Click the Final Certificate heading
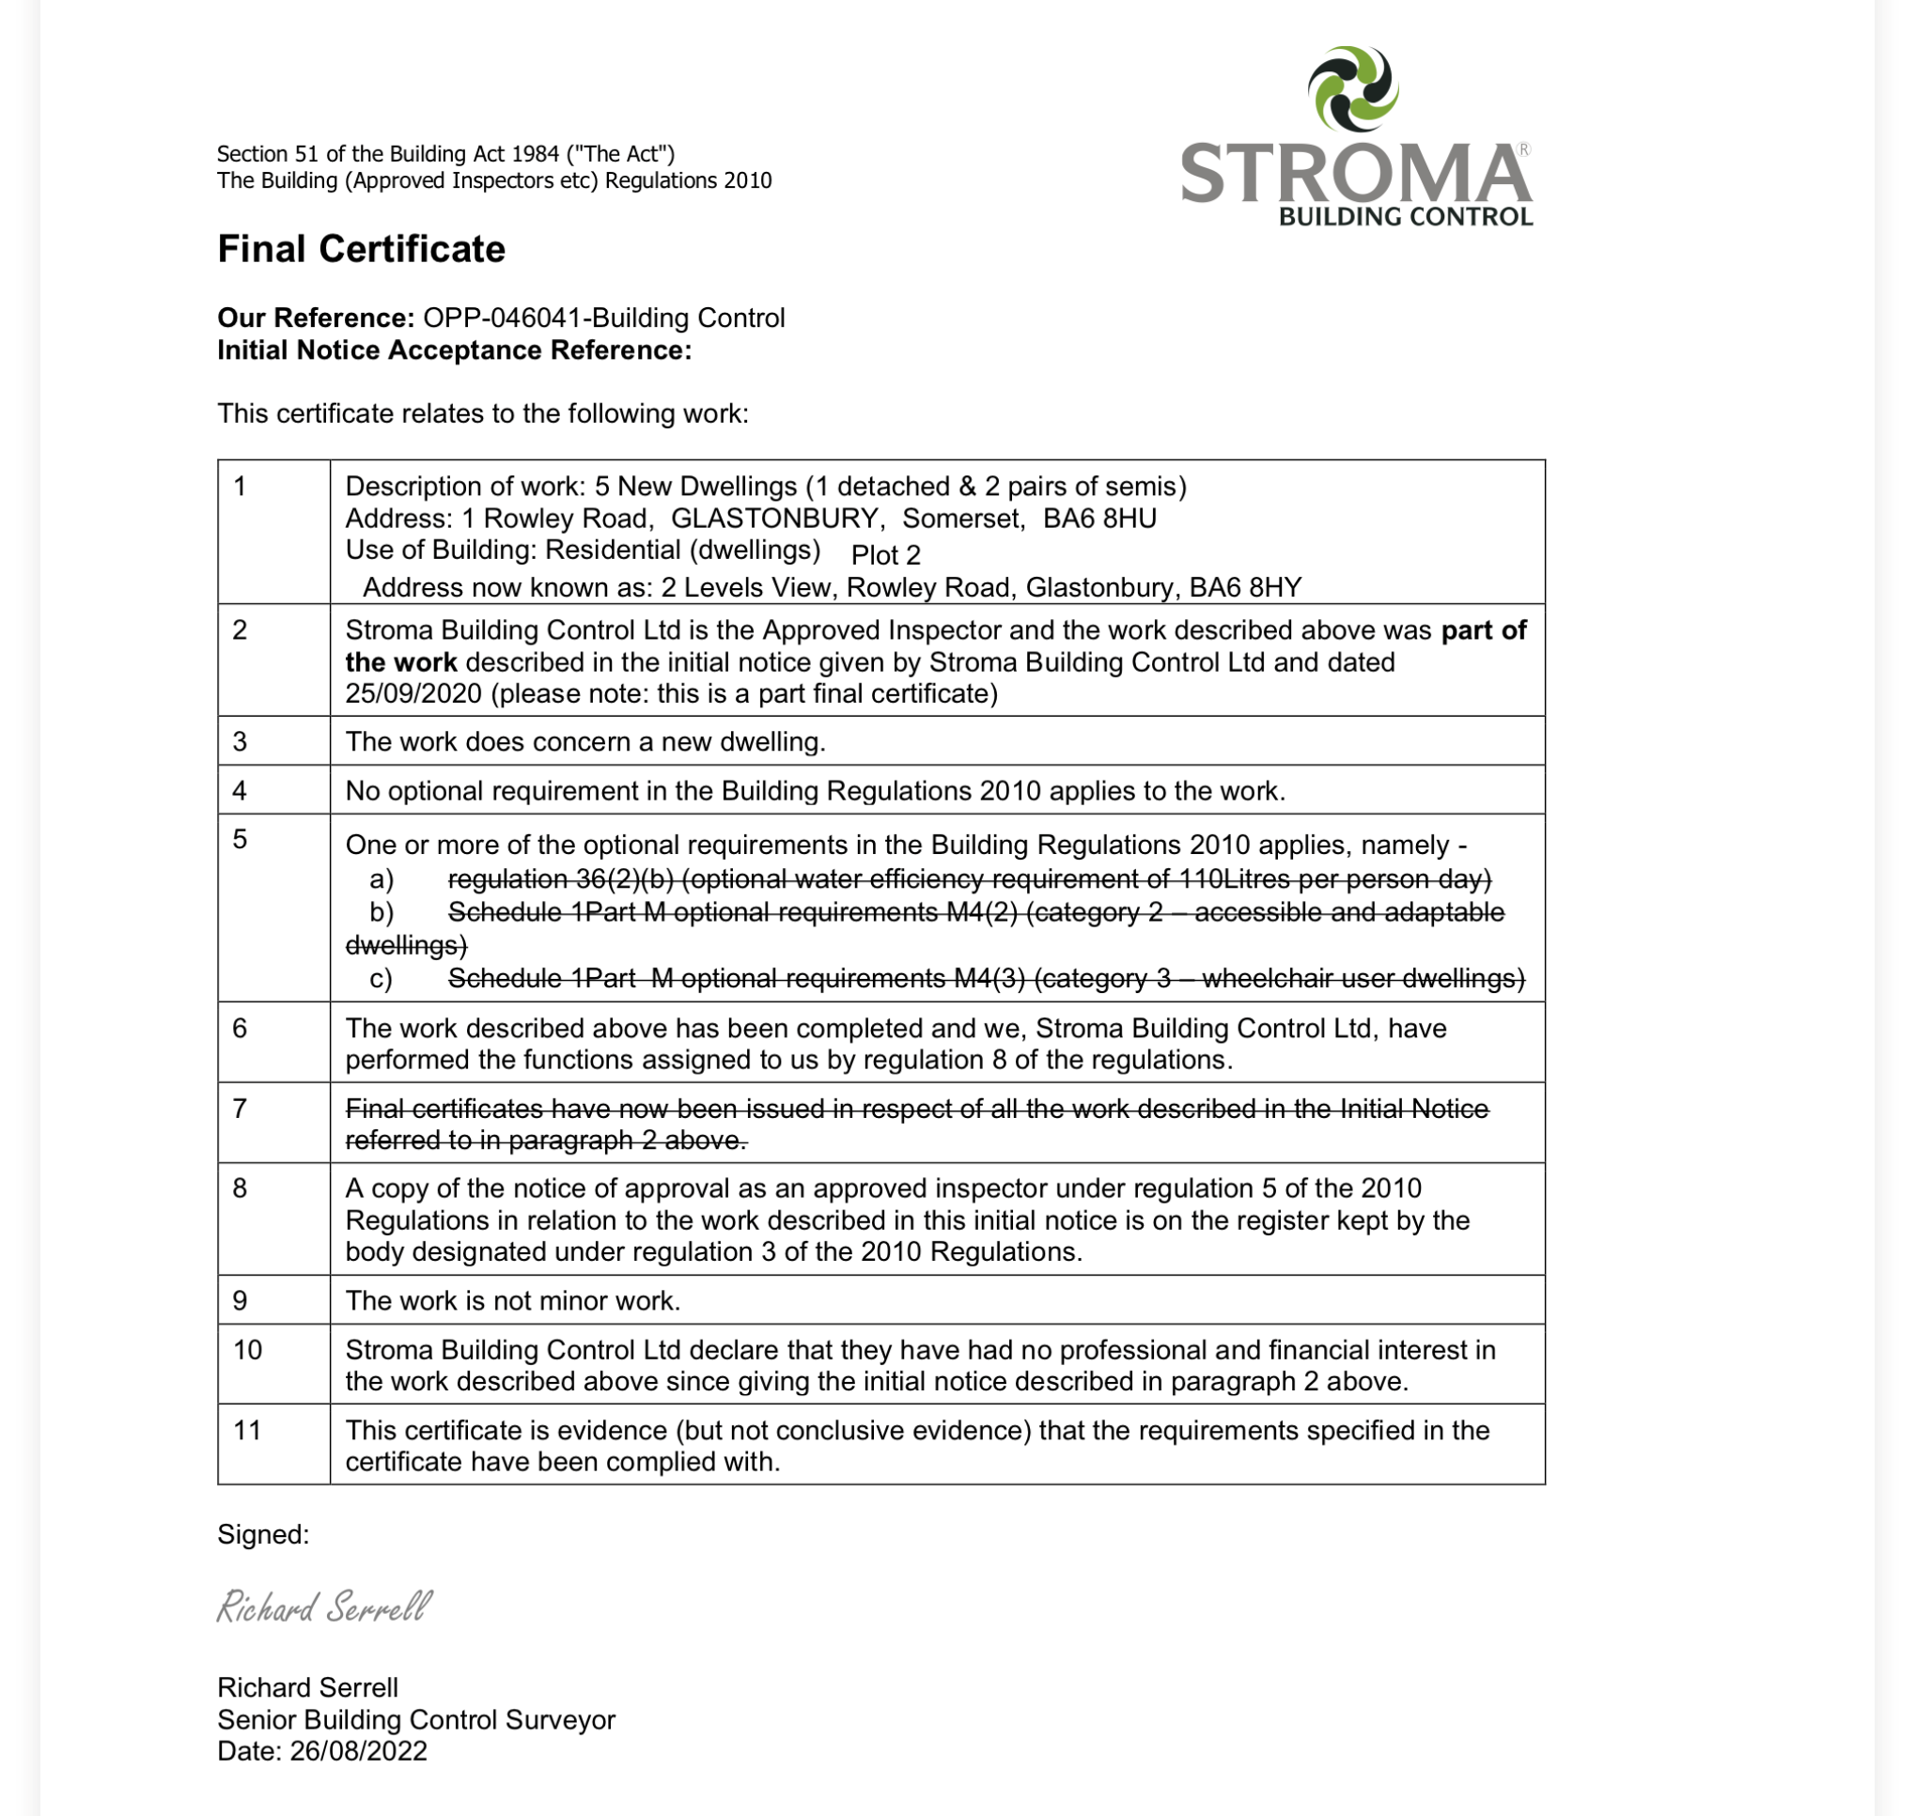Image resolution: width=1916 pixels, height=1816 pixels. pyautogui.click(x=361, y=249)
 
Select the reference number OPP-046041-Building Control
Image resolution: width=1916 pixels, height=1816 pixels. pyautogui.click(x=603, y=318)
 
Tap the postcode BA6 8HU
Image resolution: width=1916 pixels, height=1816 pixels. pyautogui.click(x=1098, y=518)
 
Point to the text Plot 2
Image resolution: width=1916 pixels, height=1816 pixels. pyautogui.click(x=885, y=554)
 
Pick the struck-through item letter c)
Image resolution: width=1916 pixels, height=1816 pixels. pyautogui.click(x=381, y=979)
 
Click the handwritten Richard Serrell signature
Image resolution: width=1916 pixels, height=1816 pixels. pyautogui.click(x=323, y=1607)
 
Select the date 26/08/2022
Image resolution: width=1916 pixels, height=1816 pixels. pyautogui.click(x=358, y=1750)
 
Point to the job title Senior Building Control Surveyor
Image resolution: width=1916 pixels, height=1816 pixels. pyautogui.click(x=416, y=1719)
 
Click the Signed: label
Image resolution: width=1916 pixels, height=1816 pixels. pyautogui.click(x=263, y=1534)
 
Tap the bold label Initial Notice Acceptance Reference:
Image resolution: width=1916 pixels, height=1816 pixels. pyautogui.click(x=454, y=349)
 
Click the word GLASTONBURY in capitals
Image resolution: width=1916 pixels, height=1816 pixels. pyautogui.click(x=774, y=518)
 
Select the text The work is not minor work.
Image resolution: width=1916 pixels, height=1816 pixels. pyautogui.click(x=513, y=1300)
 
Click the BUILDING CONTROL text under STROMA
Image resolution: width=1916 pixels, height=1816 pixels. pyautogui.click(x=1406, y=216)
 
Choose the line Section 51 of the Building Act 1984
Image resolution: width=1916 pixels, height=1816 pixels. pyautogui.click(x=445, y=154)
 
